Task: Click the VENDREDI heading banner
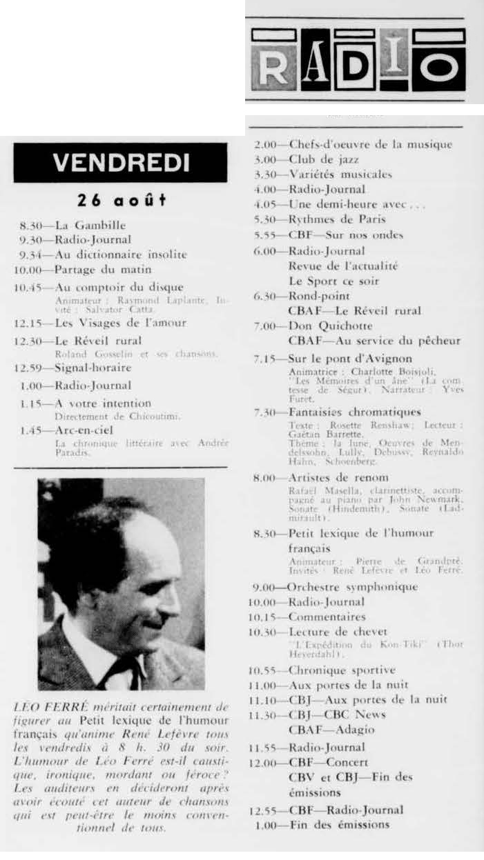pos(121,163)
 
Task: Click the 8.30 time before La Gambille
pos(34,225)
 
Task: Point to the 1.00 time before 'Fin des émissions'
pos(266,824)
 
